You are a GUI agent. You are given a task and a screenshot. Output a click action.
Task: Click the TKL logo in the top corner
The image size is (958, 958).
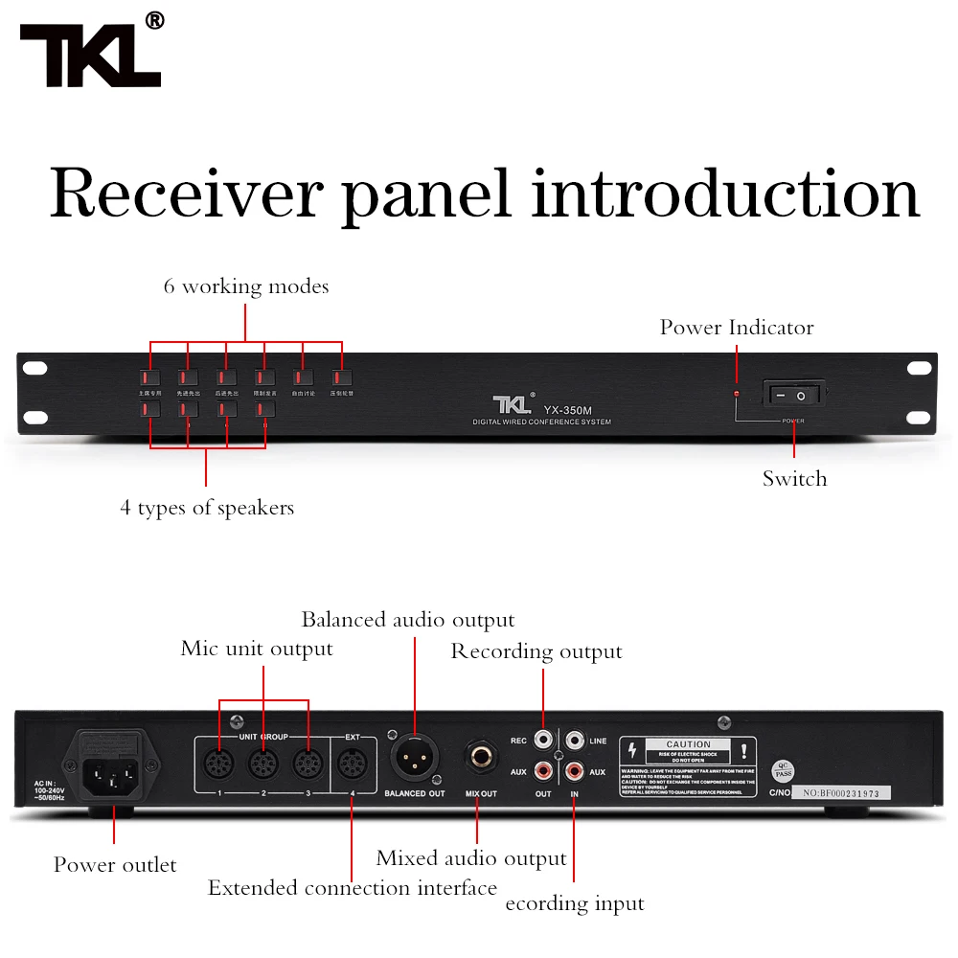[x=91, y=56]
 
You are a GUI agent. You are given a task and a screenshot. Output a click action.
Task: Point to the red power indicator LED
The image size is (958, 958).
[x=736, y=394]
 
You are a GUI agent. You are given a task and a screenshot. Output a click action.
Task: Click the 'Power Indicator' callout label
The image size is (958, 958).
[x=736, y=328]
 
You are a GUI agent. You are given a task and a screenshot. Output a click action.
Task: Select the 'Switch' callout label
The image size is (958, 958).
[x=794, y=479]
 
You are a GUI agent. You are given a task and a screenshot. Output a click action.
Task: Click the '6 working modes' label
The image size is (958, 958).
[x=246, y=286]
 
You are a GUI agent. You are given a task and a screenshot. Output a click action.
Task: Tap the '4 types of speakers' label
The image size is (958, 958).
[x=207, y=508]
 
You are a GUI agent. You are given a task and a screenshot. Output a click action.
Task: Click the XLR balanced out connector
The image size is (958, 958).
[x=414, y=760]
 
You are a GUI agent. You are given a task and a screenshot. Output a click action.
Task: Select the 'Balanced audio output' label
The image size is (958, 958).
[x=408, y=620]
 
